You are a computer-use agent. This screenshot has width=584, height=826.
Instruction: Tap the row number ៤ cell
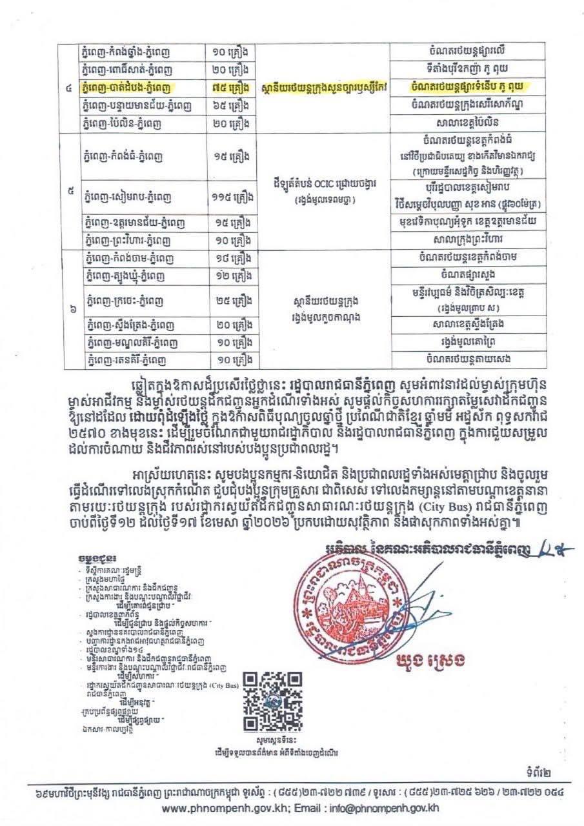(68, 86)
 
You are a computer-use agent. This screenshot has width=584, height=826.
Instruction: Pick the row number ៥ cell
(68, 191)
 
